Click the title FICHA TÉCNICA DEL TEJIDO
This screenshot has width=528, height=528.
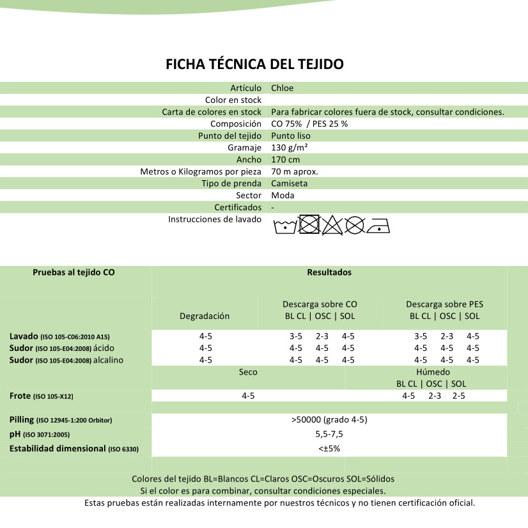pyautogui.click(x=254, y=65)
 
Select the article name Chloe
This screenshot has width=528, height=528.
pyautogui.click(x=282, y=88)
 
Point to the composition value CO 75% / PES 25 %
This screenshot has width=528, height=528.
pyautogui.click(x=309, y=124)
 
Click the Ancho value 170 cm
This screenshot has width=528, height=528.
pyautogui.click(x=285, y=160)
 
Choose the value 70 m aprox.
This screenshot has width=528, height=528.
pyautogui.click(x=295, y=172)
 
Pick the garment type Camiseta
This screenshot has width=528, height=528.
pyautogui.click(x=290, y=183)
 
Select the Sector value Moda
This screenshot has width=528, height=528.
pyautogui.click(x=283, y=196)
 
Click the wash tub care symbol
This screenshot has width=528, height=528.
pyautogui.click(x=285, y=226)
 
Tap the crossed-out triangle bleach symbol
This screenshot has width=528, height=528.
pyautogui.click(x=332, y=225)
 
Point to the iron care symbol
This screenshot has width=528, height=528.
pyautogui.click(x=378, y=226)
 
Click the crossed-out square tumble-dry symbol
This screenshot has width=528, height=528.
pyautogui.click(x=309, y=224)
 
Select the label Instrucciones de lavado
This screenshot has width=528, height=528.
pyautogui.click(x=215, y=219)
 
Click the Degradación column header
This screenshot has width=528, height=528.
pyautogui.click(x=205, y=316)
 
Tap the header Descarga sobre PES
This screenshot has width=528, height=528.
pyautogui.click(x=444, y=304)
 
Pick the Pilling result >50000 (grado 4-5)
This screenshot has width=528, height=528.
pyautogui.click(x=329, y=420)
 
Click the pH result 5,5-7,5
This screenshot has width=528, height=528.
pyautogui.click(x=329, y=434)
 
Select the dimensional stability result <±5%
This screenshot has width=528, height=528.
pyautogui.click(x=329, y=449)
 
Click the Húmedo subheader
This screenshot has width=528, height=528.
pyautogui.click(x=433, y=372)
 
